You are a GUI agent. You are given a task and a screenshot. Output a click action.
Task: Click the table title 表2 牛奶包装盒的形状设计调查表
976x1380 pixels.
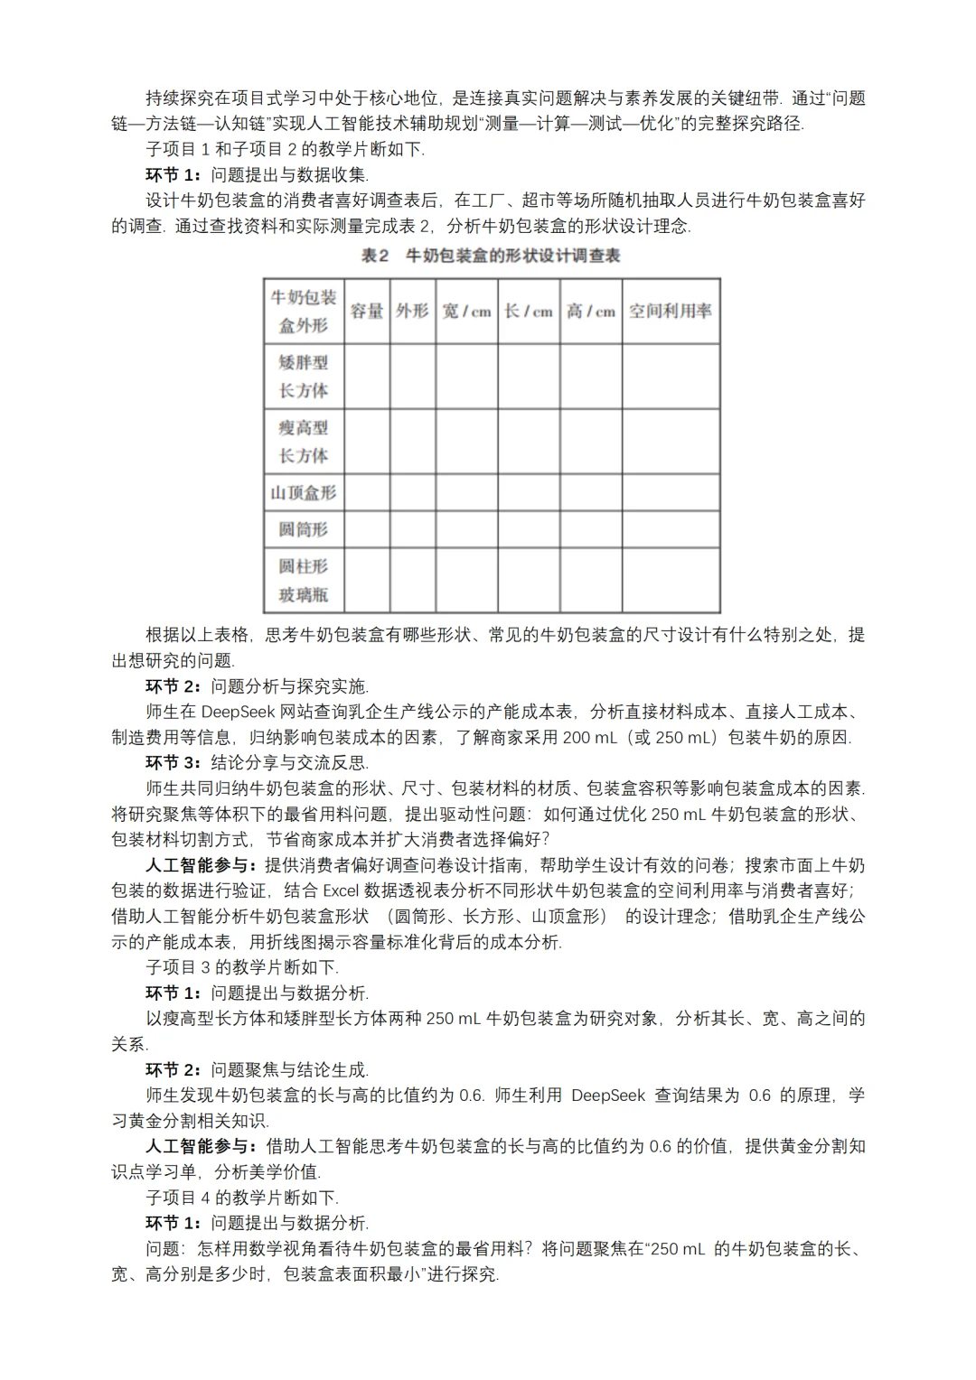(x=491, y=256)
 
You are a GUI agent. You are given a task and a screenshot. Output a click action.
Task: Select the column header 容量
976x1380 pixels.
(x=367, y=311)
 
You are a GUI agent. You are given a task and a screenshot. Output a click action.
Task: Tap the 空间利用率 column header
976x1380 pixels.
(x=670, y=311)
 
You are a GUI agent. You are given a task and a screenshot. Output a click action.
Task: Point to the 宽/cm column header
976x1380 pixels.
(x=466, y=311)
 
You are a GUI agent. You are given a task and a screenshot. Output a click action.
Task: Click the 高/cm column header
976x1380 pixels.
(x=590, y=311)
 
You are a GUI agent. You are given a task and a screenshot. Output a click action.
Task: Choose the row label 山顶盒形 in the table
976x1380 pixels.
(x=304, y=492)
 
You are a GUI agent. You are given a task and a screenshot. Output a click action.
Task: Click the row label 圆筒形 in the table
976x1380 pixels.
(x=304, y=529)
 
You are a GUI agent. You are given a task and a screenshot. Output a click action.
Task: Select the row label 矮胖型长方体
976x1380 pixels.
(x=304, y=376)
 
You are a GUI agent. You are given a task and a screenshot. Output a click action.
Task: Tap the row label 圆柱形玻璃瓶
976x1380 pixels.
(x=304, y=580)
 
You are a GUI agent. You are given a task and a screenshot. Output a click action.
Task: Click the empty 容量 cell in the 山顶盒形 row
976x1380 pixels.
(x=367, y=492)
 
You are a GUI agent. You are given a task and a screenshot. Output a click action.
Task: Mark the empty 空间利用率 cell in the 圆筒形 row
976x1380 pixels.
(x=670, y=529)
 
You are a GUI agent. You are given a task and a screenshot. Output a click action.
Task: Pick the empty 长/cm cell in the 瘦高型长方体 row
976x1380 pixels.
(x=529, y=441)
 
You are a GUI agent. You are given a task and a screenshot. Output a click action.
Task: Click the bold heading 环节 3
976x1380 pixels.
(x=174, y=762)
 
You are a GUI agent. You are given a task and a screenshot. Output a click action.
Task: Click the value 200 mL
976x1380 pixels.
(x=589, y=737)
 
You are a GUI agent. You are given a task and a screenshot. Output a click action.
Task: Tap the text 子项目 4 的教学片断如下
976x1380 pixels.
(x=241, y=1198)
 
